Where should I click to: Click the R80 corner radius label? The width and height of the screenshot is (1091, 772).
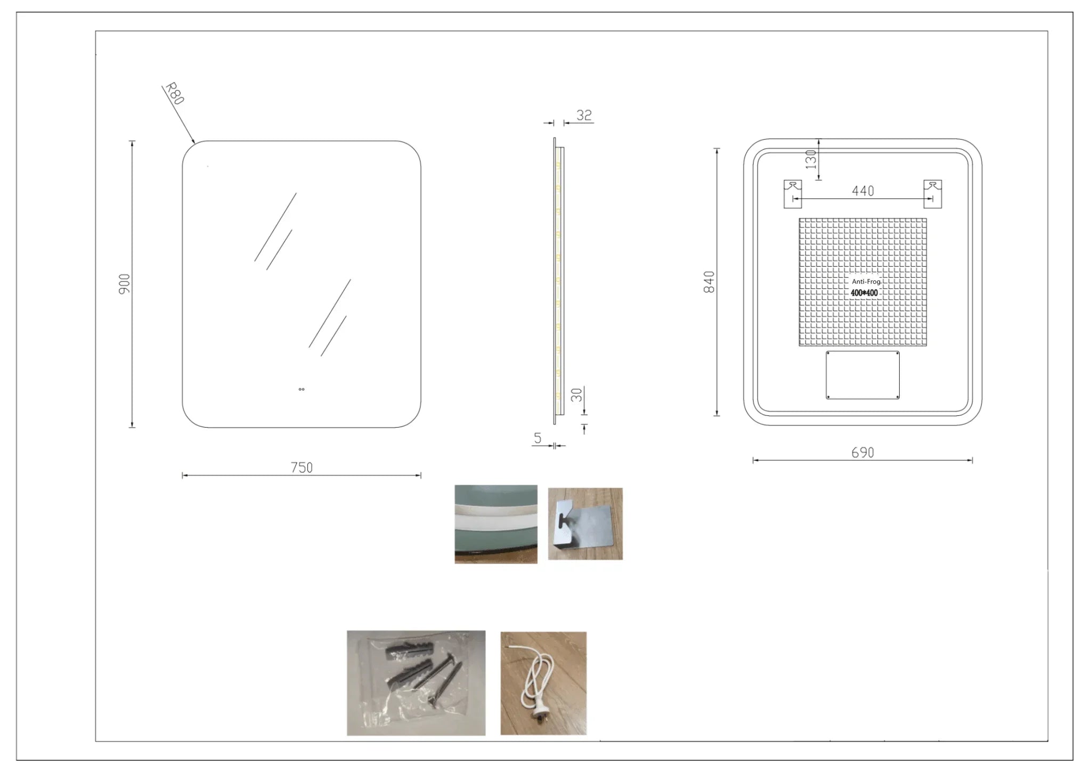coord(175,94)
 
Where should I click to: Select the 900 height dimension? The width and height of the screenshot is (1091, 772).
coord(124,284)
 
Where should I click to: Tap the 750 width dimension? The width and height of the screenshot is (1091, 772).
coord(302,468)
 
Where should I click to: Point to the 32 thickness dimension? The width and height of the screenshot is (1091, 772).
coord(584,115)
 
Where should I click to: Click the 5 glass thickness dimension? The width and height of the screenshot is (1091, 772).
coord(538,438)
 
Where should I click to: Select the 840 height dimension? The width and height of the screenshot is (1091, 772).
coord(709,282)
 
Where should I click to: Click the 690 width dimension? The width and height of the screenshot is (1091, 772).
coord(862,453)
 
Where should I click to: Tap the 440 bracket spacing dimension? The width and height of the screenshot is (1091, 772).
coord(863,191)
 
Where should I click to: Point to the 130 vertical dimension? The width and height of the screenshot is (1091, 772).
coord(811,159)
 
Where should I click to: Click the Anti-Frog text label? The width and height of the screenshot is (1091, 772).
coord(866,282)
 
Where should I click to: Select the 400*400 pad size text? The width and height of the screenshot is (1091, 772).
coord(864,293)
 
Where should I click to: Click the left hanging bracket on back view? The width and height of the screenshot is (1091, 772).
coord(793,194)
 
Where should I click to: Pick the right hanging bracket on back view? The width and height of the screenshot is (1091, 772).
coord(932,194)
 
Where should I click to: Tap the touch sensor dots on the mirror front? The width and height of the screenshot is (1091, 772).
coord(302,389)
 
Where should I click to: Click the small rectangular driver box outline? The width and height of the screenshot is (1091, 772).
coord(862,375)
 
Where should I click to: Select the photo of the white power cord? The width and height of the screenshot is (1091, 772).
coord(543,683)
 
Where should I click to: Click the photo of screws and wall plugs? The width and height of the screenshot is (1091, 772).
coord(416,683)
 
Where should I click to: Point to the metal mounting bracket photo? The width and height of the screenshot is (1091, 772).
coord(585,524)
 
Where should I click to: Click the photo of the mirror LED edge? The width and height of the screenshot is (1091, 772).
coord(496,524)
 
